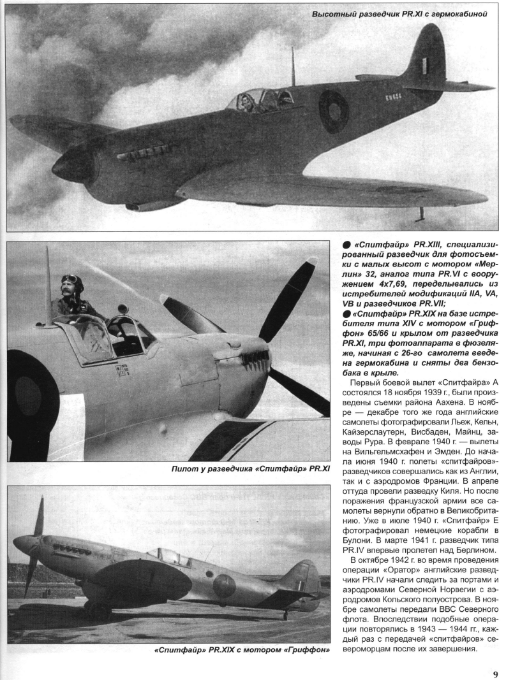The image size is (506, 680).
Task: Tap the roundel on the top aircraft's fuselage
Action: (334, 111)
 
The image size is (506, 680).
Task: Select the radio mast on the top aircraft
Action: (293, 67)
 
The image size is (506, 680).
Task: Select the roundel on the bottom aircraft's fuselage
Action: (225, 585)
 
